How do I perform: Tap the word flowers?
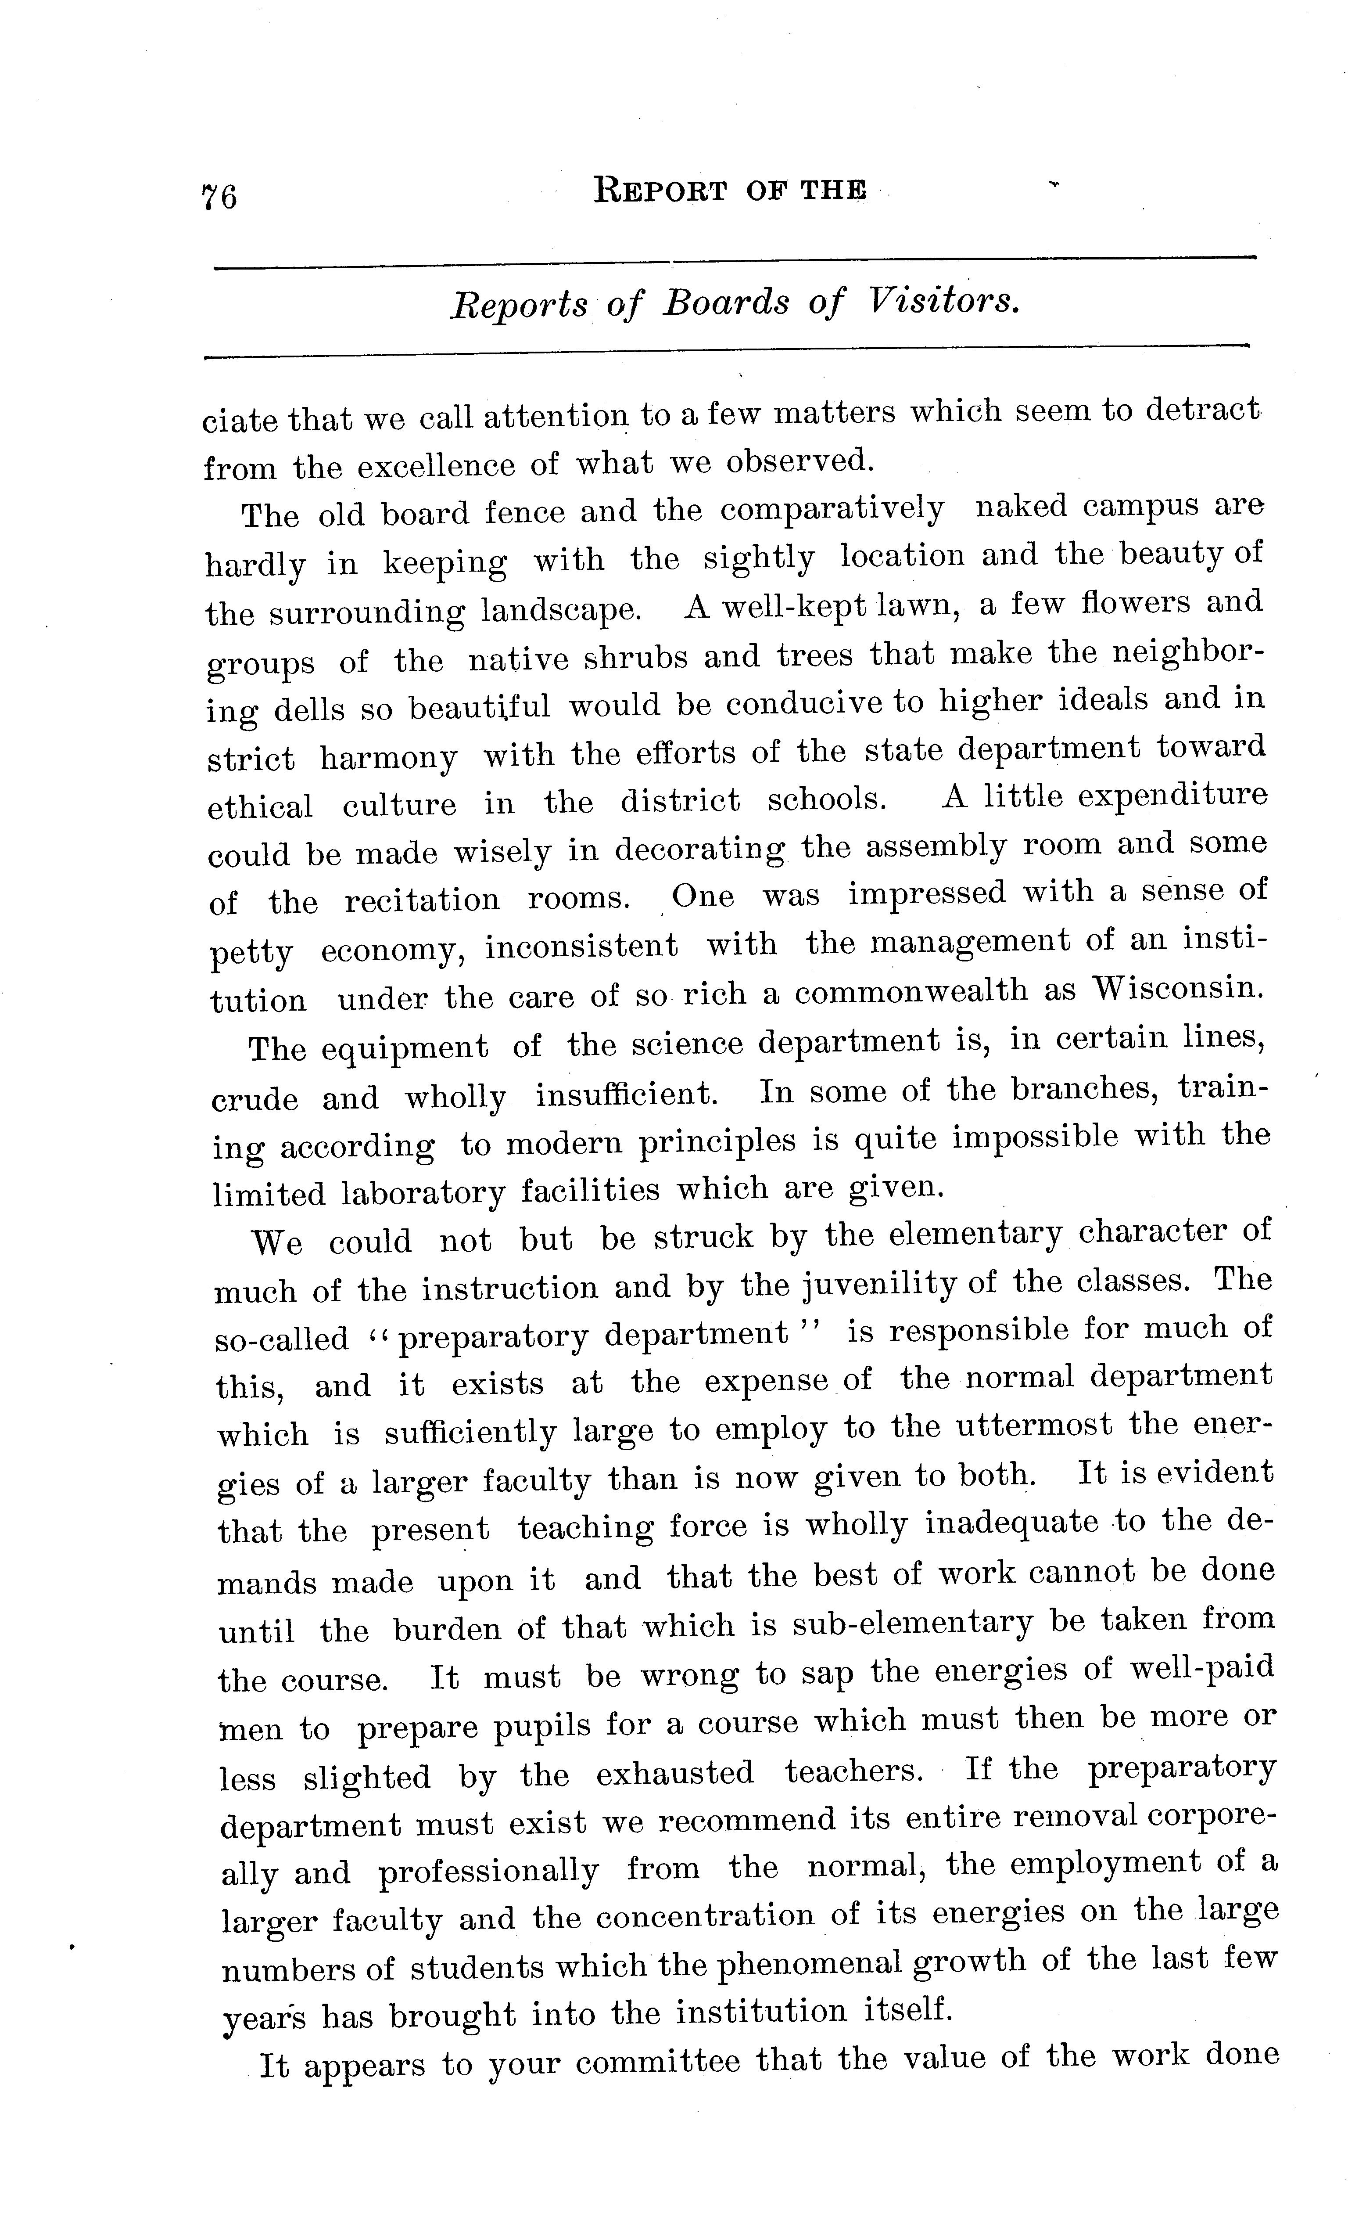[x=1136, y=601]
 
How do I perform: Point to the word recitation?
[x=423, y=900]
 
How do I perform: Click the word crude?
[x=255, y=1098]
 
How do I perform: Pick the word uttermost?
[x=1034, y=1424]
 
